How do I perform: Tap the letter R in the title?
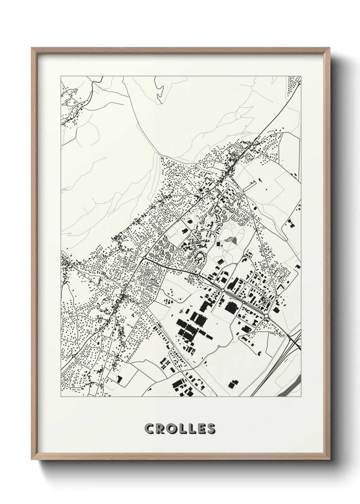160,429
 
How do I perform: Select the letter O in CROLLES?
171,429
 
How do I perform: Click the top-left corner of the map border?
61,76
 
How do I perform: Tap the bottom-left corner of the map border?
61,397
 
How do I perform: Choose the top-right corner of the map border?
301,76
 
